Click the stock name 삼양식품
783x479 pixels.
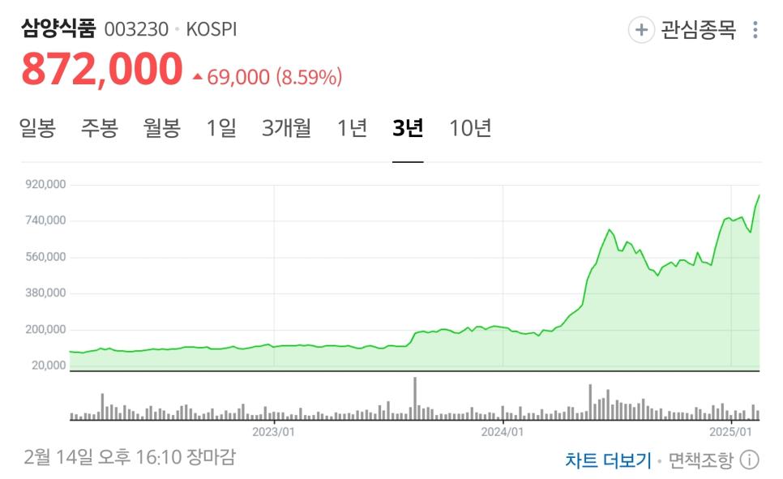coord(58,29)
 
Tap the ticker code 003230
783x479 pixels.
coord(136,30)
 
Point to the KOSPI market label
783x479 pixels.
coord(212,30)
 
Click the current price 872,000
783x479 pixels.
coord(102,69)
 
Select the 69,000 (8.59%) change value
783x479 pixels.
coord(274,78)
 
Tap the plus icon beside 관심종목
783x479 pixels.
coord(641,31)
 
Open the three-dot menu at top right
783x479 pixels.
coord(755,31)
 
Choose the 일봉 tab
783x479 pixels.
coord(37,128)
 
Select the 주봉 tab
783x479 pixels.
coord(99,128)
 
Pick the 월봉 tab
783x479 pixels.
coord(161,128)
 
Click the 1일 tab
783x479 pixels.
coord(221,128)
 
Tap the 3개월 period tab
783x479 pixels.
coord(286,128)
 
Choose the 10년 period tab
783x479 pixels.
coord(470,128)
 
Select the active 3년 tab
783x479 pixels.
coord(408,128)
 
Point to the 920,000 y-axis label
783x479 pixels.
coord(45,185)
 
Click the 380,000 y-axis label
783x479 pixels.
coord(45,293)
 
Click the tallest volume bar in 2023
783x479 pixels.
coord(415,398)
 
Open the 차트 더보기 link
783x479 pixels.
coord(608,460)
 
